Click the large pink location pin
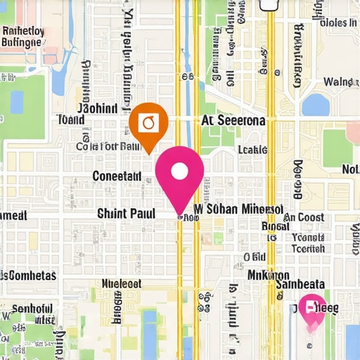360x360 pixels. point(179,176)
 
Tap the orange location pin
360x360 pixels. point(148,125)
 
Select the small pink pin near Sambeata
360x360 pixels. point(311,310)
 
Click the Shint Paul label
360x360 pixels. point(126,212)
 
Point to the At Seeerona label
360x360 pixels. point(233,121)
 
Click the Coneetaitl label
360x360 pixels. point(117,176)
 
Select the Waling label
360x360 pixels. point(342,82)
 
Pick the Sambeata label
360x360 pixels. point(300,284)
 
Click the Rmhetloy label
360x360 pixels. point(23,31)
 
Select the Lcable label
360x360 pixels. point(252,150)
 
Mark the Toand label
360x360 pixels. point(70,120)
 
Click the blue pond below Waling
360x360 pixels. point(316,105)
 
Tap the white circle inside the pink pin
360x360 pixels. point(179,171)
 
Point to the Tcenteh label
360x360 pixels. point(308,248)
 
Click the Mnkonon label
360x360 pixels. point(268,274)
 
